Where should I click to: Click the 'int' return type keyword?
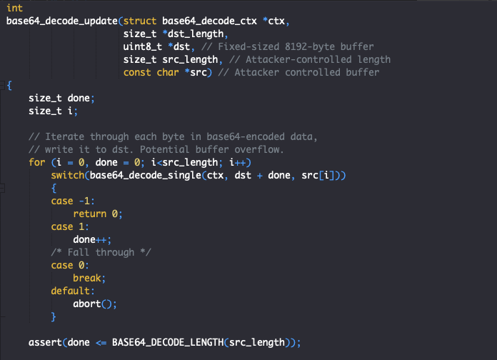[x=14, y=8]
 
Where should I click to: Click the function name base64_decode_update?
[x=62, y=21]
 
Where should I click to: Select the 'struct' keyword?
[x=140, y=21]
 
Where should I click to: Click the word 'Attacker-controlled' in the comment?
[x=298, y=59]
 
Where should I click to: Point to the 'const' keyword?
[x=137, y=73]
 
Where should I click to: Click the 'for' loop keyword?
[x=36, y=162]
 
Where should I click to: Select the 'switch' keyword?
[x=68, y=176]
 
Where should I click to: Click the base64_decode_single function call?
[x=146, y=176]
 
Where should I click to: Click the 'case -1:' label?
[x=73, y=201]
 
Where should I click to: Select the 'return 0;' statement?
[x=98, y=214]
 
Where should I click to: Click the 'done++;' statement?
[x=92, y=239]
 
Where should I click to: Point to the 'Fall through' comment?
[x=101, y=252]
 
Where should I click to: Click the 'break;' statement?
[x=89, y=278]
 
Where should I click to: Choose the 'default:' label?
[x=73, y=291]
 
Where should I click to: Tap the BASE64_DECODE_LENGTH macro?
[x=168, y=343]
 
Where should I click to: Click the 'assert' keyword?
[x=45, y=343]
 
